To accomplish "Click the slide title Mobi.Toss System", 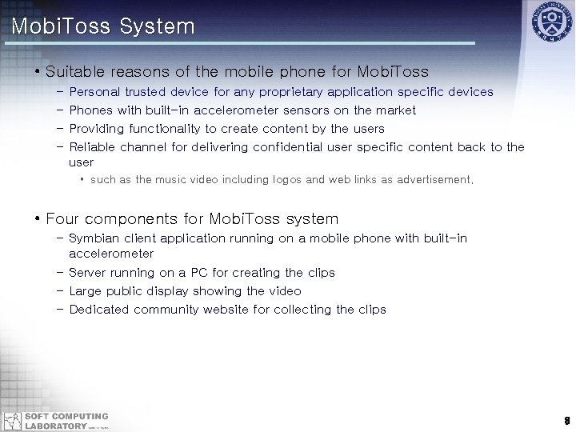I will pos(103,26).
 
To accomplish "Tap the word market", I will pos(394,110).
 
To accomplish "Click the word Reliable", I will pos(93,147).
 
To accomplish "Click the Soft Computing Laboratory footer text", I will pos(66,421).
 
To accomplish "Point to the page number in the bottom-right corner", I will pos(565,420).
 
